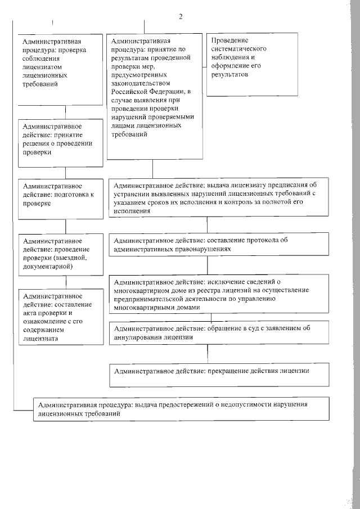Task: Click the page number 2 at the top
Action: click(x=181, y=16)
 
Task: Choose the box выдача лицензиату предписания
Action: click(x=219, y=197)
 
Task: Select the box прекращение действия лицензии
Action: click(x=219, y=375)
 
